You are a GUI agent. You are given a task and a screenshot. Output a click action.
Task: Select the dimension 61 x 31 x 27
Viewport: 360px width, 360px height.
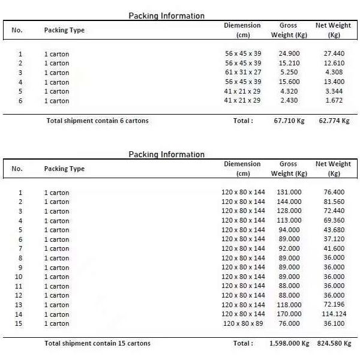click(x=243, y=73)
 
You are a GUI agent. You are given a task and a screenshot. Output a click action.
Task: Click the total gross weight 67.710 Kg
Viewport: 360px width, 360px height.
click(x=289, y=121)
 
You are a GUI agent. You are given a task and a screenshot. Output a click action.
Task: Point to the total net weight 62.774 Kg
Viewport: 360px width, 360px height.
click(x=334, y=121)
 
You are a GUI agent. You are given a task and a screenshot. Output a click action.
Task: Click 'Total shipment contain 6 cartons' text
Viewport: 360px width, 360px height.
click(x=97, y=121)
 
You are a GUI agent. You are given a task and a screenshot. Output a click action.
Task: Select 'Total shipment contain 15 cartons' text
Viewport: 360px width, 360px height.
click(x=98, y=343)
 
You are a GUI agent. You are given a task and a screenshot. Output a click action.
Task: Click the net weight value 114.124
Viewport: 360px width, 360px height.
click(x=334, y=314)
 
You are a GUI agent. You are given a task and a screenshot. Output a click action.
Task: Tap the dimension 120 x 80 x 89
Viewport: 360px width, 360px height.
click(x=243, y=323)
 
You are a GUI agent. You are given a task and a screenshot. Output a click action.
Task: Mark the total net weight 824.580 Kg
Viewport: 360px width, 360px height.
click(x=334, y=343)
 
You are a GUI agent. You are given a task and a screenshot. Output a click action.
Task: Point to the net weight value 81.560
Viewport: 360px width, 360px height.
click(x=334, y=202)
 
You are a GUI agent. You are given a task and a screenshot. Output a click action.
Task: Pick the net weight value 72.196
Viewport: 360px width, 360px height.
click(x=334, y=305)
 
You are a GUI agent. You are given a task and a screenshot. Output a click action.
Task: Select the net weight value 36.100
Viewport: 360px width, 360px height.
click(x=334, y=323)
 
